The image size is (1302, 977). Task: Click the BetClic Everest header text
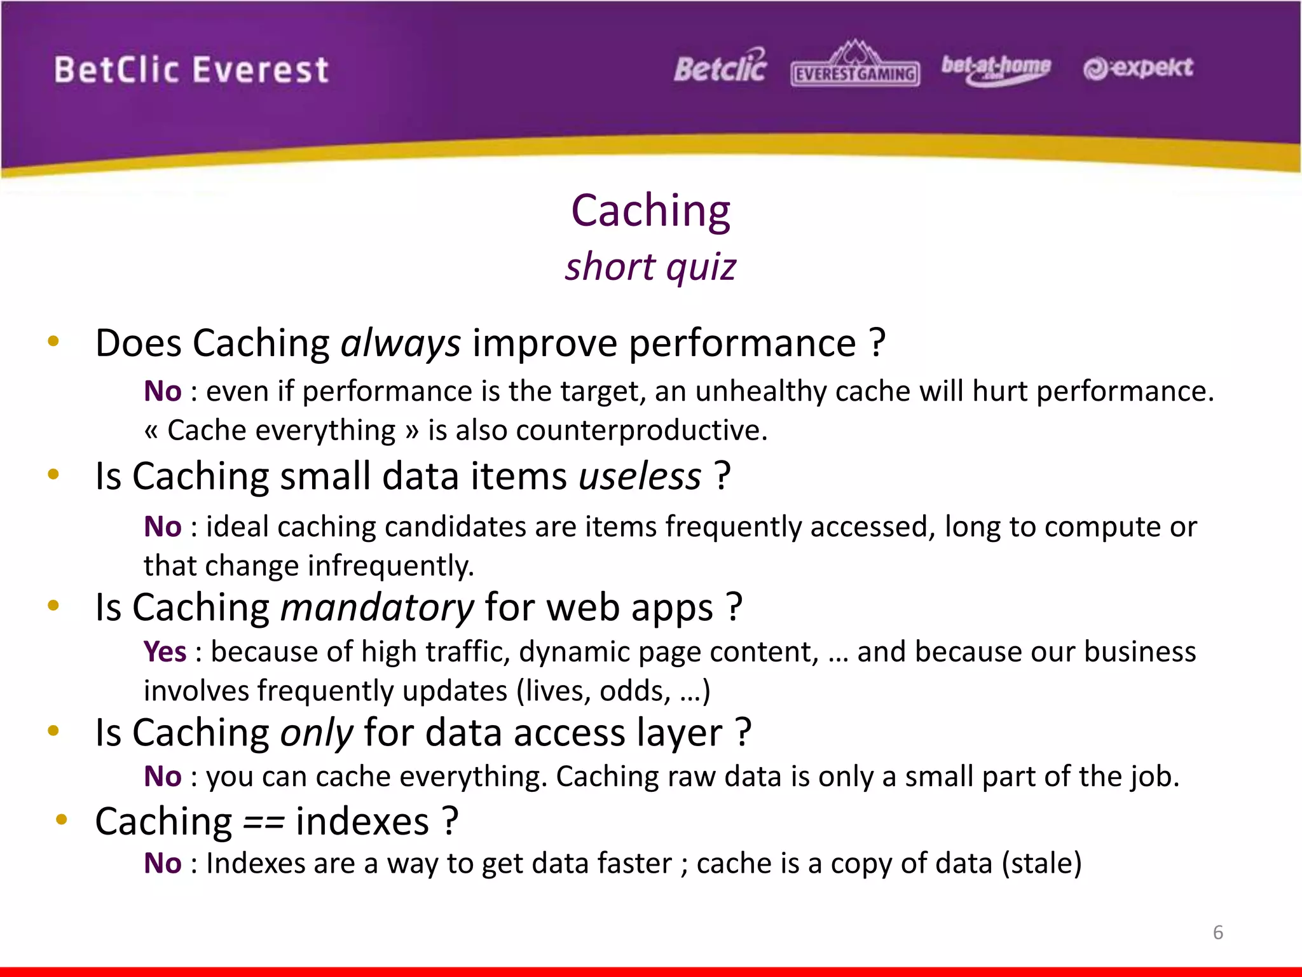click(191, 70)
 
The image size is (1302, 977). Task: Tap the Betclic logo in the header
click(720, 67)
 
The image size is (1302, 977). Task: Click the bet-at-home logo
click(996, 67)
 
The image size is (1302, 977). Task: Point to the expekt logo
click(1138, 67)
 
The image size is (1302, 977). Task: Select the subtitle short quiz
click(650, 266)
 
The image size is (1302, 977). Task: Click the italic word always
click(401, 344)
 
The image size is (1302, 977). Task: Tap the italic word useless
click(640, 476)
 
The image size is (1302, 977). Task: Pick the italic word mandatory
click(377, 607)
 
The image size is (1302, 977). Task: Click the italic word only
click(317, 733)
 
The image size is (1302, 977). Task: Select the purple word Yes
click(165, 652)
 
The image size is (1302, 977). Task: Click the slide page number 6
click(1217, 932)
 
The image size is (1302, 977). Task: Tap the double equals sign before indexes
click(263, 822)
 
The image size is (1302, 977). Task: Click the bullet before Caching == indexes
click(62, 819)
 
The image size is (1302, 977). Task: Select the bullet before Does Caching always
click(53, 341)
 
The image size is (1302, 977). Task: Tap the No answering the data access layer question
click(163, 777)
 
